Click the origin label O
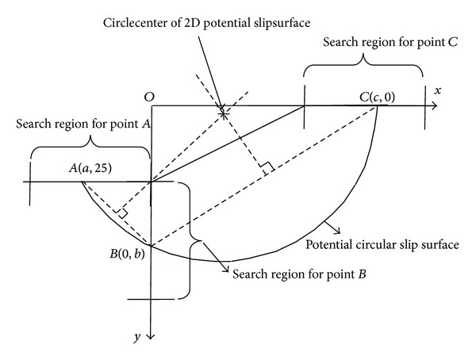pos(148,96)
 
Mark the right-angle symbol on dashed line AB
pos(120,213)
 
